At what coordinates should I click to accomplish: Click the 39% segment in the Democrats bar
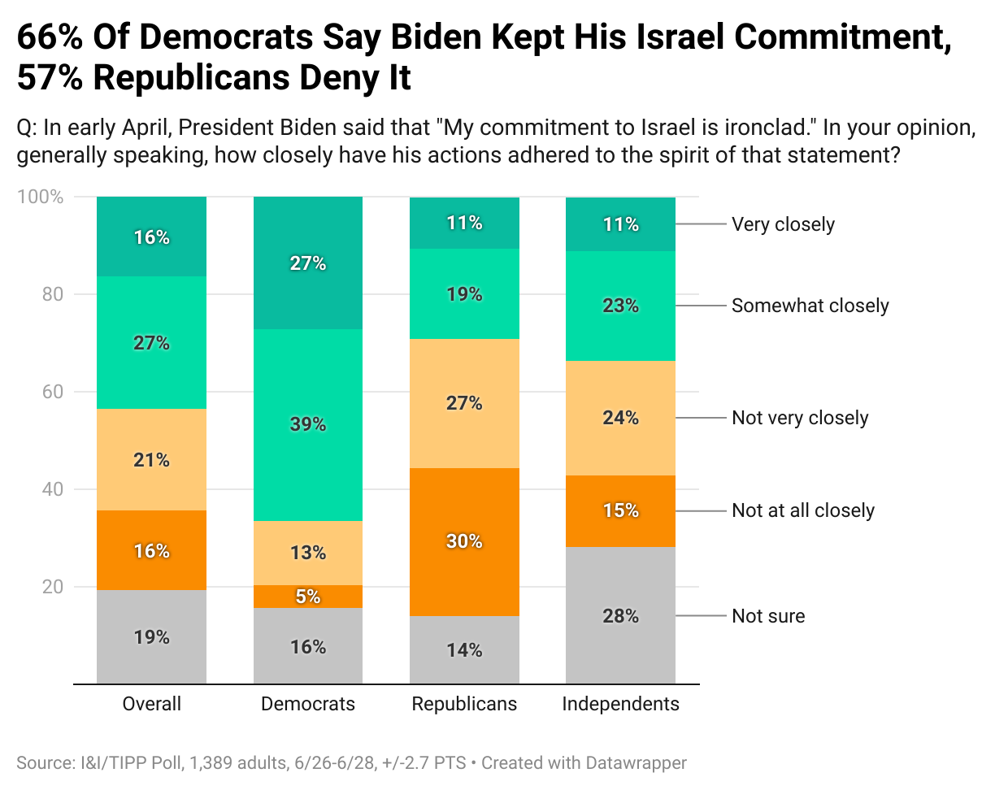point(308,424)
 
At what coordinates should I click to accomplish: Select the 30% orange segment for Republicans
point(464,541)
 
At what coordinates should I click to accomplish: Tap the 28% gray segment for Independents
point(620,616)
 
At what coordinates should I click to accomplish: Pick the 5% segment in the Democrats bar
point(308,597)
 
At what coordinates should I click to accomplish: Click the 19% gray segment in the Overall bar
point(151,637)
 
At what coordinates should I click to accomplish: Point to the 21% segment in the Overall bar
point(151,460)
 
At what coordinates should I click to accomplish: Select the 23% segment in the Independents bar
point(620,306)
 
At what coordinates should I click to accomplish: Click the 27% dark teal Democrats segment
point(308,263)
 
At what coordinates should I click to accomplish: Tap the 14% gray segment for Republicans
point(464,650)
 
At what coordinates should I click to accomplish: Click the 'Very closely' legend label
point(783,224)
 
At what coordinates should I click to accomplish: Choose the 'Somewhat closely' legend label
point(810,306)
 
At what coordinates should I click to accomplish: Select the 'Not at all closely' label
point(803,510)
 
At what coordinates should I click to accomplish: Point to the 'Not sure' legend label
point(768,616)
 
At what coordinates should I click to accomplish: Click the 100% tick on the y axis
point(41,197)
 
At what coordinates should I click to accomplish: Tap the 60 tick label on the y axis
point(53,392)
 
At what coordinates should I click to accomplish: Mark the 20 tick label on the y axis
point(53,587)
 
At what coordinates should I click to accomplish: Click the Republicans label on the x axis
point(464,704)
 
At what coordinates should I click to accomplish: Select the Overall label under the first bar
point(151,704)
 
